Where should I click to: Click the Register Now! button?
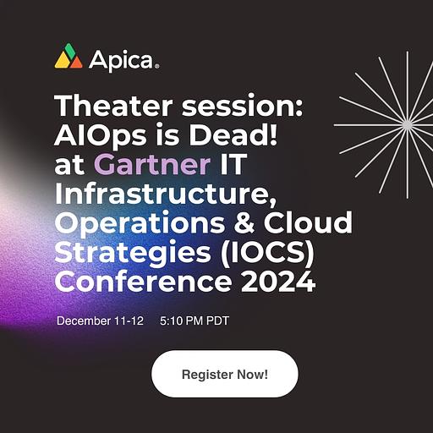click(225, 374)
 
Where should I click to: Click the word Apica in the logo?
click(121, 60)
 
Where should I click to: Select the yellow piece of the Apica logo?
click(63, 61)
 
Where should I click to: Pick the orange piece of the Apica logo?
click(75, 62)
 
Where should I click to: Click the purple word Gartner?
click(152, 164)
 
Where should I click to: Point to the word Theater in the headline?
click(113, 106)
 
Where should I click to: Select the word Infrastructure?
click(165, 194)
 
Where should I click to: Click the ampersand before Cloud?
click(244, 222)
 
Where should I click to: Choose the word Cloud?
click(308, 222)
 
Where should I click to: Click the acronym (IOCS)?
click(267, 252)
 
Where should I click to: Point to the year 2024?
click(277, 282)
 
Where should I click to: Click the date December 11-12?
click(100, 321)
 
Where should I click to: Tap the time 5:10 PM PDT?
click(195, 321)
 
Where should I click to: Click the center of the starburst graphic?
click(407, 125)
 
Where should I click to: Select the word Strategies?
click(133, 252)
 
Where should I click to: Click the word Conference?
click(144, 282)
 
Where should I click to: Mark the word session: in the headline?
click(242, 107)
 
